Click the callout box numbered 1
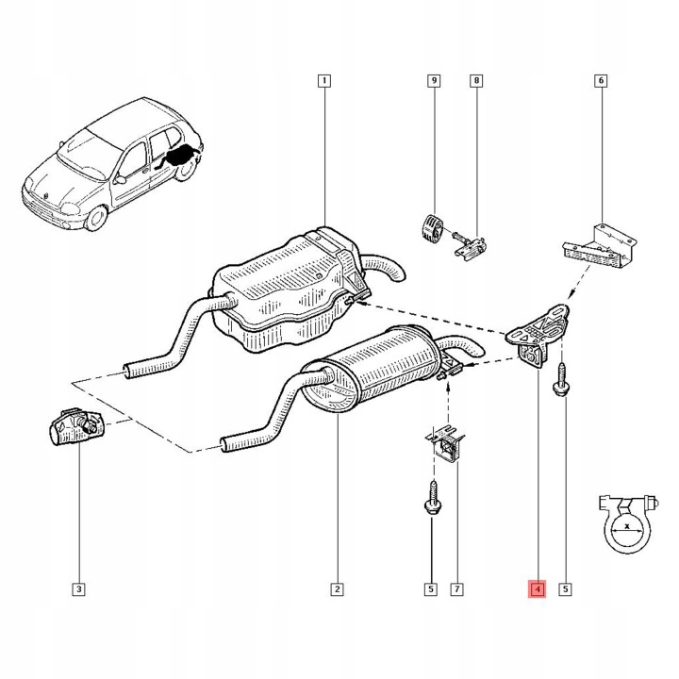323,80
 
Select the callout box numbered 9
434,80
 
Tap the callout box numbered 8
476,80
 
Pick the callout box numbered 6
601,80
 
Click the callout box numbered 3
79,588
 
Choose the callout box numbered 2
337,588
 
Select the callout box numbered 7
456,588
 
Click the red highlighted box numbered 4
537,588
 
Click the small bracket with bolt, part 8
470,247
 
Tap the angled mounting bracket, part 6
600,248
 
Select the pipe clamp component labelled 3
76,426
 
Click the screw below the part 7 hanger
433,497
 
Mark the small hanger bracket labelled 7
445,445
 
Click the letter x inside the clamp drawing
627,525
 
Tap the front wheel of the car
95,218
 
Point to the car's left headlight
71,209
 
